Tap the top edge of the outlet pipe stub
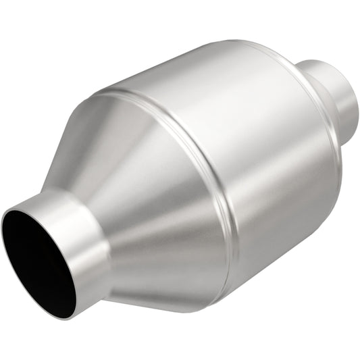tap(324, 61)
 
